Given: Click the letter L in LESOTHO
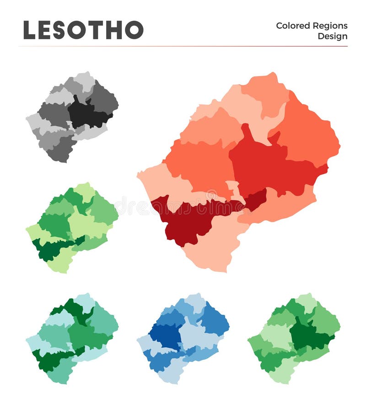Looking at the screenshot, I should [30, 30].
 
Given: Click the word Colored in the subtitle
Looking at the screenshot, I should [293, 26].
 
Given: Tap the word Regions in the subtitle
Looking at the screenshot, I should [330, 26].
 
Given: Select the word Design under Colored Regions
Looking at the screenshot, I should [333, 36].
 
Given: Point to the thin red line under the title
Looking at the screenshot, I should [183, 46].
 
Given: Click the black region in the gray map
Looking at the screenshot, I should [87, 114].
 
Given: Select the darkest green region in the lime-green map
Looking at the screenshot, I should [50, 249].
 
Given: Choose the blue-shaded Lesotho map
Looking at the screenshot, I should [183, 338].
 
